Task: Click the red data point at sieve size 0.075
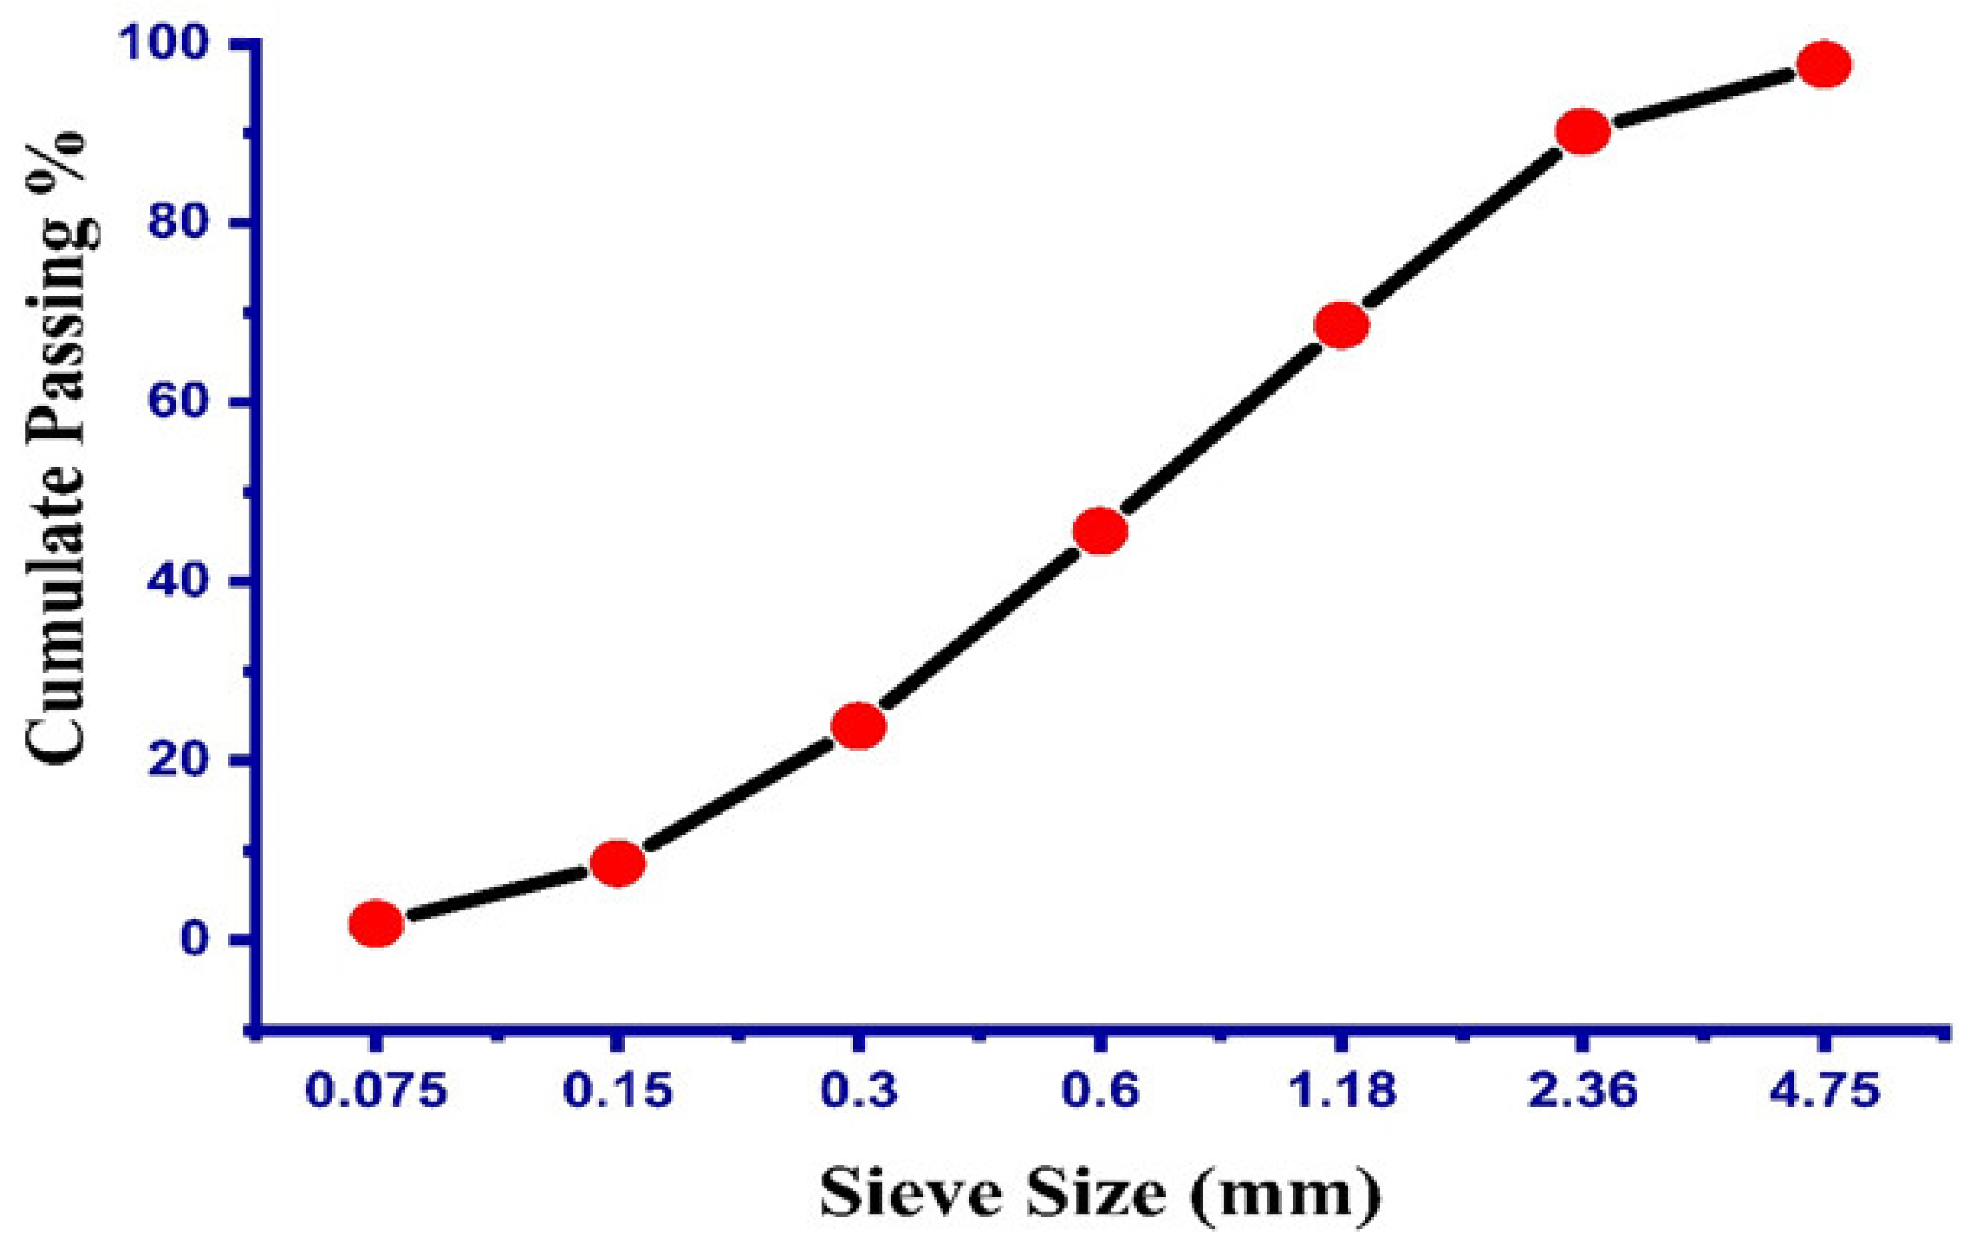[x=375, y=923]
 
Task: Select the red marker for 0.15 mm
[x=618, y=863]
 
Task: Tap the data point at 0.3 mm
[x=858, y=726]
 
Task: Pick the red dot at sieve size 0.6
[x=1100, y=531]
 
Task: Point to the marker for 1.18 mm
[x=1342, y=325]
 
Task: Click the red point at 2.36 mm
[x=1583, y=131]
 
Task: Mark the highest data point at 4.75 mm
[x=1824, y=64]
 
